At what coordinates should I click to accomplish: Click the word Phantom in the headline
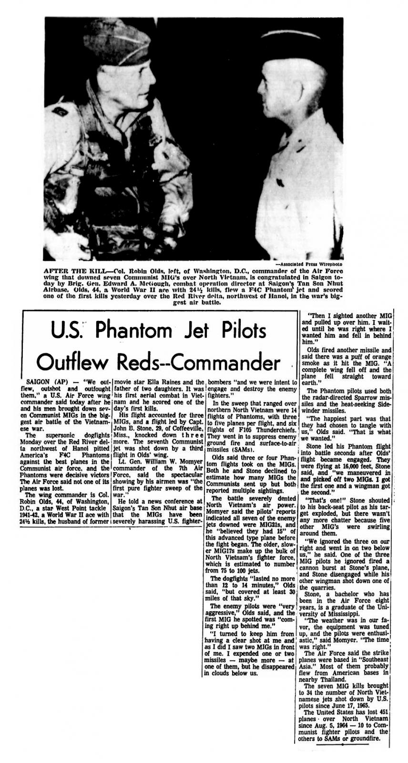[x=135, y=331]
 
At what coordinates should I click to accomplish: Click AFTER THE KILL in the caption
[x=66, y=269]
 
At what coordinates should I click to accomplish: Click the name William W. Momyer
[x=161, y=462]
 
